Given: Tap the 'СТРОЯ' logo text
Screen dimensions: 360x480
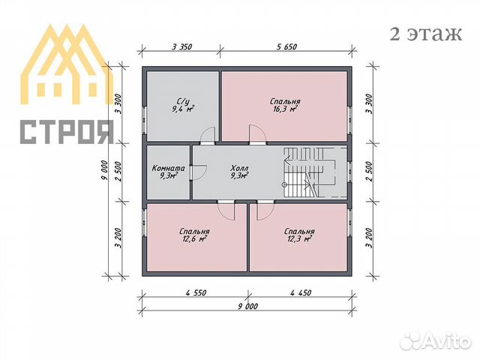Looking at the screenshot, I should point(66,131).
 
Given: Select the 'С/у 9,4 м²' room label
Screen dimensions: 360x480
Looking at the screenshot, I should point(182,105).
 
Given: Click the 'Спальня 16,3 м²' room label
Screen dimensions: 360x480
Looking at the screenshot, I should point(285,105).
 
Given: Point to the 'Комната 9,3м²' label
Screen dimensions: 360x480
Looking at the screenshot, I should point(166,172).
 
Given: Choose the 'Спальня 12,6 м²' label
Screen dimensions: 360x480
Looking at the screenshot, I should point(195,236).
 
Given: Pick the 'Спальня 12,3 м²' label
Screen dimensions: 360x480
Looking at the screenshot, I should point(299,236).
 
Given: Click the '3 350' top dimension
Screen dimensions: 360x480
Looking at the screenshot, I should point(182,47).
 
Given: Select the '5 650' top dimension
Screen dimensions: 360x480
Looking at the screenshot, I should point(286,47).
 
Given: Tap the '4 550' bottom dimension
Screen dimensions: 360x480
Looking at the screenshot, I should point(194,292).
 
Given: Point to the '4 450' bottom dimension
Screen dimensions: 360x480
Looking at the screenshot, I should point(300,292).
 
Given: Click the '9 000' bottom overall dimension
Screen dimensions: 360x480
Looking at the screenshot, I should point(247,307).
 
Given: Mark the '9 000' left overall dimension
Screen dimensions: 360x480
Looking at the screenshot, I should point(105,171).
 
